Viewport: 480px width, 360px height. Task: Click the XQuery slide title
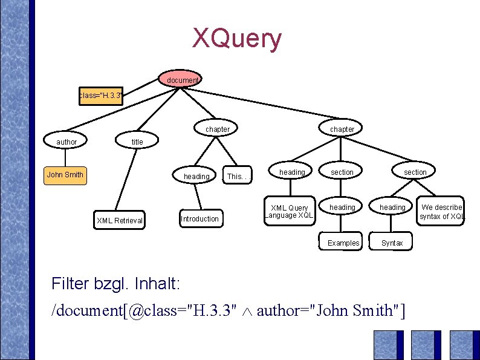point(237,39)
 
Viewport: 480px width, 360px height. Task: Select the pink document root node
point(182,80)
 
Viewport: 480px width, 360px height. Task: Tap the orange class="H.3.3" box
point(101,96)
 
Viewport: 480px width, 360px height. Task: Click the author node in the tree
point(66,142)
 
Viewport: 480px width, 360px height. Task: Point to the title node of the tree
point(137,142)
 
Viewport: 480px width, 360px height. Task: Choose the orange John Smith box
point(65,175)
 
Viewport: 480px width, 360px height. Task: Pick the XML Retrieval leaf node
point(120,221)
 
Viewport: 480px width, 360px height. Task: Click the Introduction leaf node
point(199,219)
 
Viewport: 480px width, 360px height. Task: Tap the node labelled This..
point(235,177)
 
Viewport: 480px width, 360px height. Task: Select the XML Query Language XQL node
point(289,212)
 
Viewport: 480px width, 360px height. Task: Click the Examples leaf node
point(343,243)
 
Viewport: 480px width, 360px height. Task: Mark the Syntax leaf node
point(392,243)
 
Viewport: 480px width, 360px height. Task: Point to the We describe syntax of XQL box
point(442,212)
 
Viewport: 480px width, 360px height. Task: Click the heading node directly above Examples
point(342,208)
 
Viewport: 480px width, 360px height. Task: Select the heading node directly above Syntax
point(392,208)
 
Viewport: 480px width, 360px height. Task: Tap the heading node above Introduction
point(196,177)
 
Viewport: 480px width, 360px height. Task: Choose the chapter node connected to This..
point(217,129)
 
